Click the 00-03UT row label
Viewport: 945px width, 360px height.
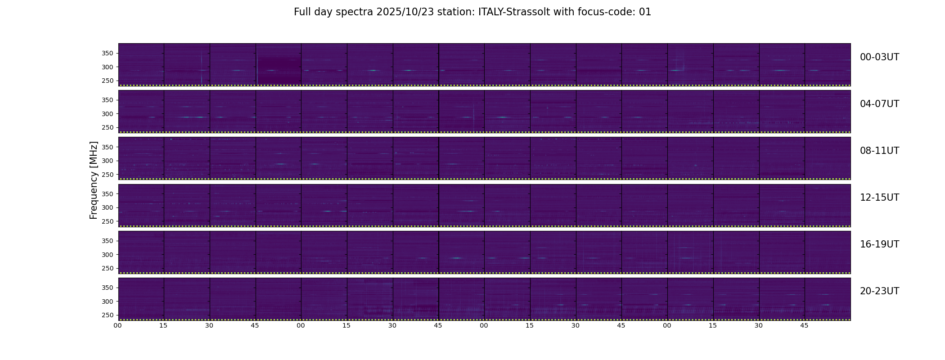tap(879, 57)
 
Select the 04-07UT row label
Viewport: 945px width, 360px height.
tap(879, 104)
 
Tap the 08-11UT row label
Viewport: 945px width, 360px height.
tap(879, 151)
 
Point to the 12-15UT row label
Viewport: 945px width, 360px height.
tap(879, 198)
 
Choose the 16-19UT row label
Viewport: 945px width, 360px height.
tap(879, 244)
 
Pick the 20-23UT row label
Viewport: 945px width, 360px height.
tap(879, 291)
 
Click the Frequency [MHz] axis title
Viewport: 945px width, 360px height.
tap(94, 180)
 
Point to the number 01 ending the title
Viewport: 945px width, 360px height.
tap(645, 12)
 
